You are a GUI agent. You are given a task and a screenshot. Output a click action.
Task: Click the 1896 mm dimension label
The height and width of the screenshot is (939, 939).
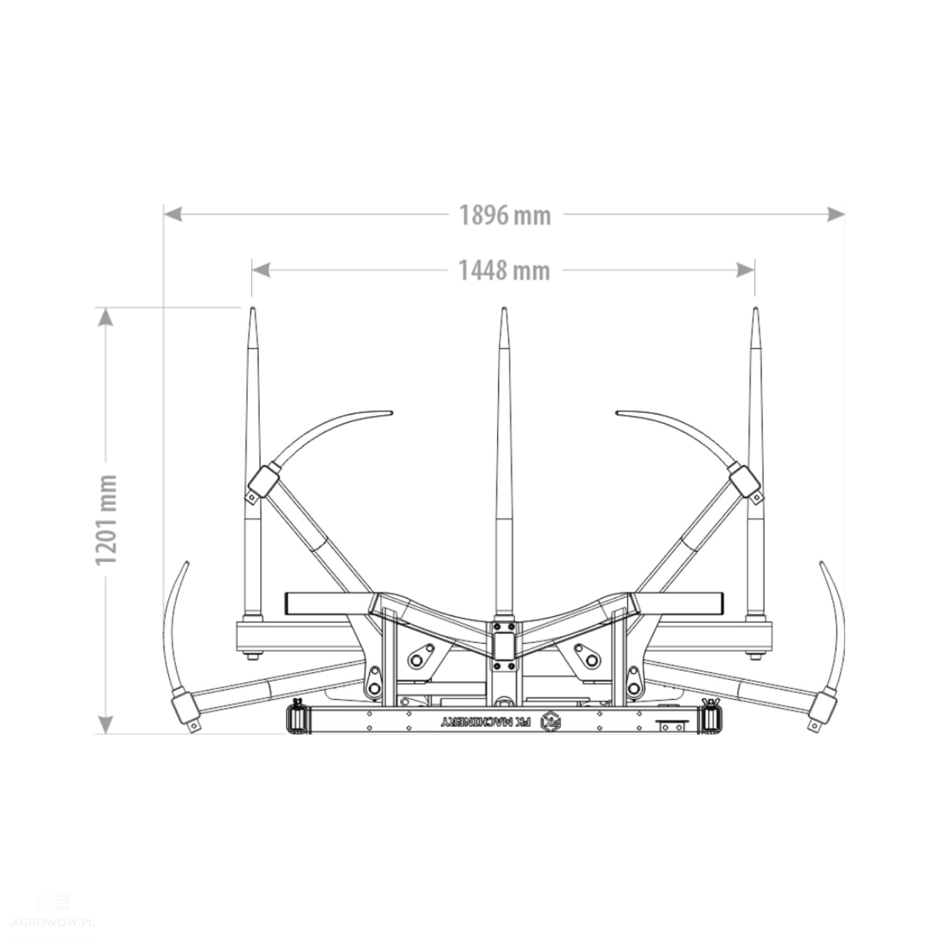(505, 215)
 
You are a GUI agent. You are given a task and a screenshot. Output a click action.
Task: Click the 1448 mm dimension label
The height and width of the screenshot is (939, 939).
(505, 271)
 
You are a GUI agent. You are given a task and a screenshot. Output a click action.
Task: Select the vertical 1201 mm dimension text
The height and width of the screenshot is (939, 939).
(106, 520)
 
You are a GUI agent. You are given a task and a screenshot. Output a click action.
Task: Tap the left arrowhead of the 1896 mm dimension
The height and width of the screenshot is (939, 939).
(173, 214)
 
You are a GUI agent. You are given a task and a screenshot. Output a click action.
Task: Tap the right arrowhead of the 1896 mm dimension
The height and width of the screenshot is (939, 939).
(836, 214)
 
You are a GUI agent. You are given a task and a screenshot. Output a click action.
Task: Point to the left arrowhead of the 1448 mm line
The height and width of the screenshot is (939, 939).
(260, 270)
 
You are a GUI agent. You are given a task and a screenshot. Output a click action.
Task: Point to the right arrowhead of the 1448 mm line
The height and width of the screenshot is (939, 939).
(746, 270)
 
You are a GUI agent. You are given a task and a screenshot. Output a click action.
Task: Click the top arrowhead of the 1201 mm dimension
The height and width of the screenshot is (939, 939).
(106, 317)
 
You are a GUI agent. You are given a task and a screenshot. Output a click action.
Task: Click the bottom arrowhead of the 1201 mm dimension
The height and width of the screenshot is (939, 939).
(106, 724)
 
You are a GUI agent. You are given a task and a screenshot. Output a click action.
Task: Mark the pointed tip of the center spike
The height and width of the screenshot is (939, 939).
(503, 309)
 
